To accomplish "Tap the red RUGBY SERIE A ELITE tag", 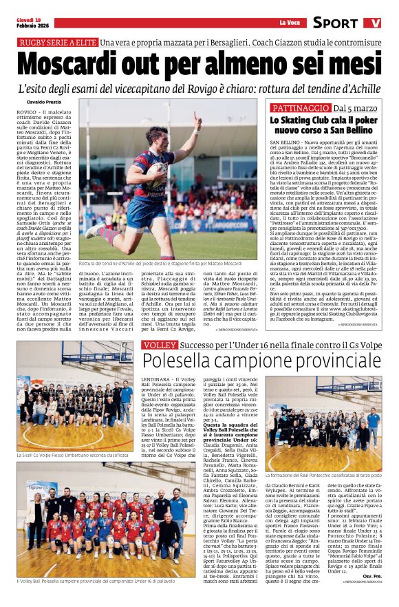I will tap(58, 43).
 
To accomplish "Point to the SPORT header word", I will tap(335, 23).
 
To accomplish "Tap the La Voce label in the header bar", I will tap(289, 23).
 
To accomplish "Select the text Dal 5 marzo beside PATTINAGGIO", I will tap(355, 109).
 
